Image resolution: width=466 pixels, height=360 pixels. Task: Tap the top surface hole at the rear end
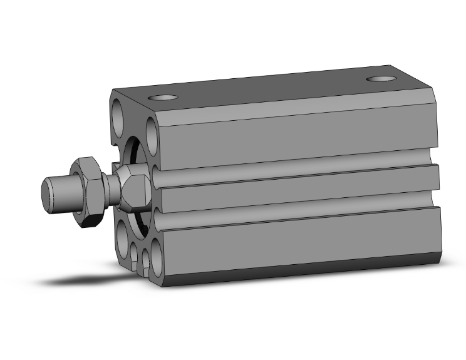coord(380,80)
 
